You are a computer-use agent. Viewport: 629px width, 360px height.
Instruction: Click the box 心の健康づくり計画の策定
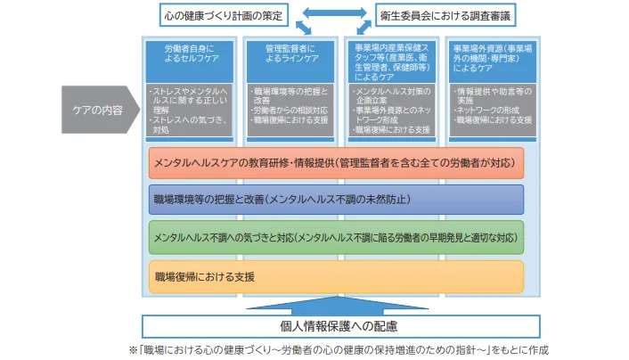point(225,15)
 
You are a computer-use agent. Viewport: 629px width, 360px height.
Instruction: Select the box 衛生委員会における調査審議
point(442,15)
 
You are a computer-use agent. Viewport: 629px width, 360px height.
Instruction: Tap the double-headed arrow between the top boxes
point(333,15)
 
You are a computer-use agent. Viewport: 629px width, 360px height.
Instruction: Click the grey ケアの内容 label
point(100,111)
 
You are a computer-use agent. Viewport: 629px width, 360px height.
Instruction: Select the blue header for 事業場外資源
point(494,60)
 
